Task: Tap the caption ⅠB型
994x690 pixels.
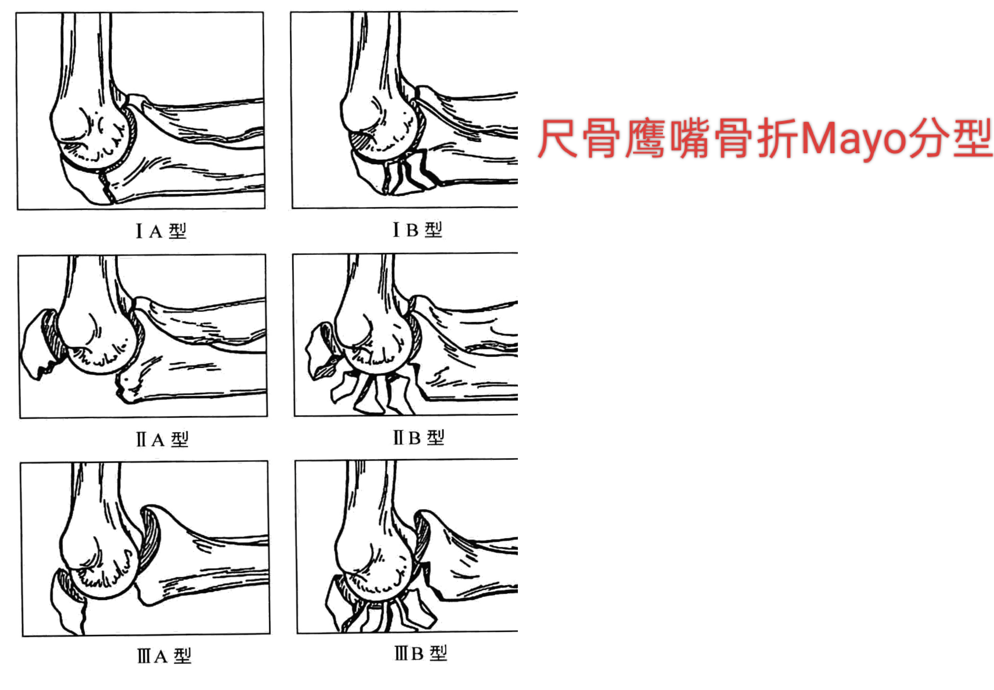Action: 417,229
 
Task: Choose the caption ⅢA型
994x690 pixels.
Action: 164,656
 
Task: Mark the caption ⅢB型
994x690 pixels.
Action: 420,653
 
